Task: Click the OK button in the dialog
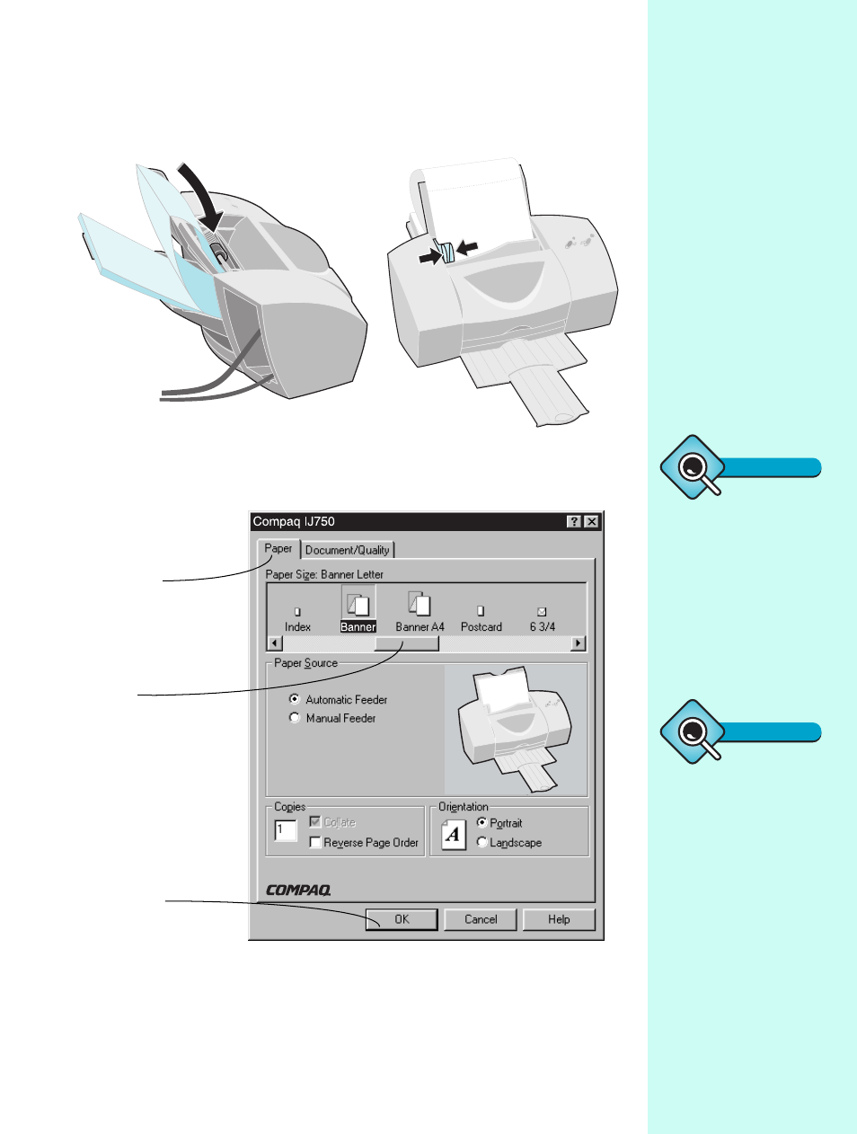tap(402, 919)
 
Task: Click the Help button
tap(559, 919)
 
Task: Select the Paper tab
tap(278, 548)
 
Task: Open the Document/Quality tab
tap(348, 550)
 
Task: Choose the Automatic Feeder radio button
tap(295, 699)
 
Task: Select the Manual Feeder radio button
tap(295, 718)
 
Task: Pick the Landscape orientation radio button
tap(482, 842)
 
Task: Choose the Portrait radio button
tap(482, 822)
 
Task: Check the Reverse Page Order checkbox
tap(315, 842)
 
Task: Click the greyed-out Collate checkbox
tap(315, 821)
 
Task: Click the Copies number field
tap(286, 830)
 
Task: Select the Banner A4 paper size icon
tap(420, 611)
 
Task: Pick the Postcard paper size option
tap(481, 619)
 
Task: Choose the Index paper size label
tap(297, 626)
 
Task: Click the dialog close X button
tap(591, 521)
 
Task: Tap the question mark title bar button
tap(575, 521)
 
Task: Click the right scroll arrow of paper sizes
tap(578, 643)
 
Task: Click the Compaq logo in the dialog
tap(298, 890)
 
